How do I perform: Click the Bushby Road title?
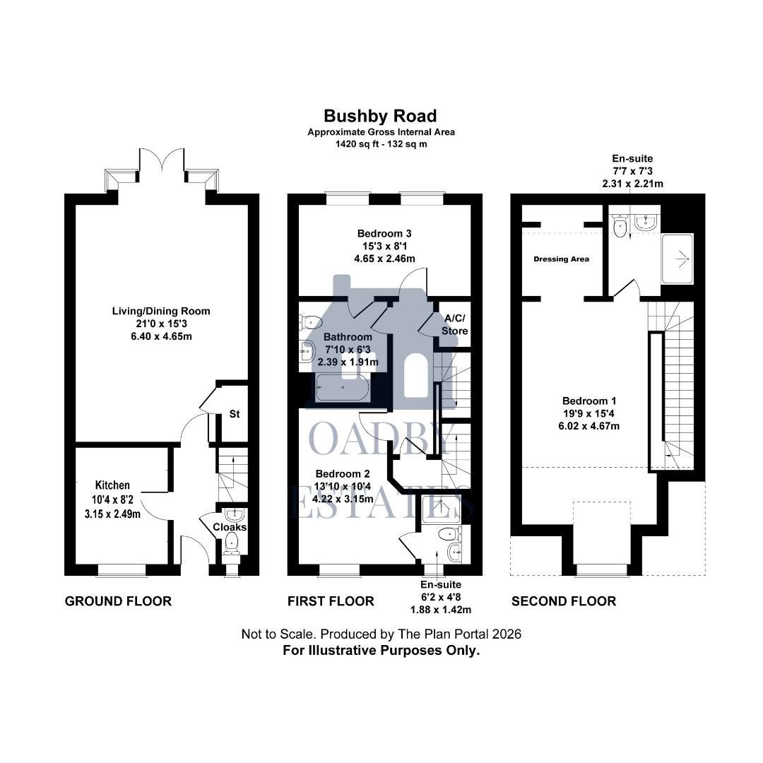pos(380,116)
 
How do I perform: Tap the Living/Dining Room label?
pos(161,311)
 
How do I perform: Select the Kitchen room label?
pos(112,485)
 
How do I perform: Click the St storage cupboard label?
pos(234,415)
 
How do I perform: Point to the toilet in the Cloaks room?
pos(232,543)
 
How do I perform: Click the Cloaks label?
pos(230,527)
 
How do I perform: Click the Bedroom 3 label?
pos(384,233)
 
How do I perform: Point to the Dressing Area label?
pos(561,259)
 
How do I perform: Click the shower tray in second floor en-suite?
pos(677,259)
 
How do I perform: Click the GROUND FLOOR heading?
pos(118,601)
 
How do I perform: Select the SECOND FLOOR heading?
pos(563,601)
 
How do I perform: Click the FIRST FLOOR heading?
pos(331,601)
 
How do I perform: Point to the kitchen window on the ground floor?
pos(122,569)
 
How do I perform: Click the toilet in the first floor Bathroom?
pos(308,321)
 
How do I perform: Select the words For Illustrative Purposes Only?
pos(381,651)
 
